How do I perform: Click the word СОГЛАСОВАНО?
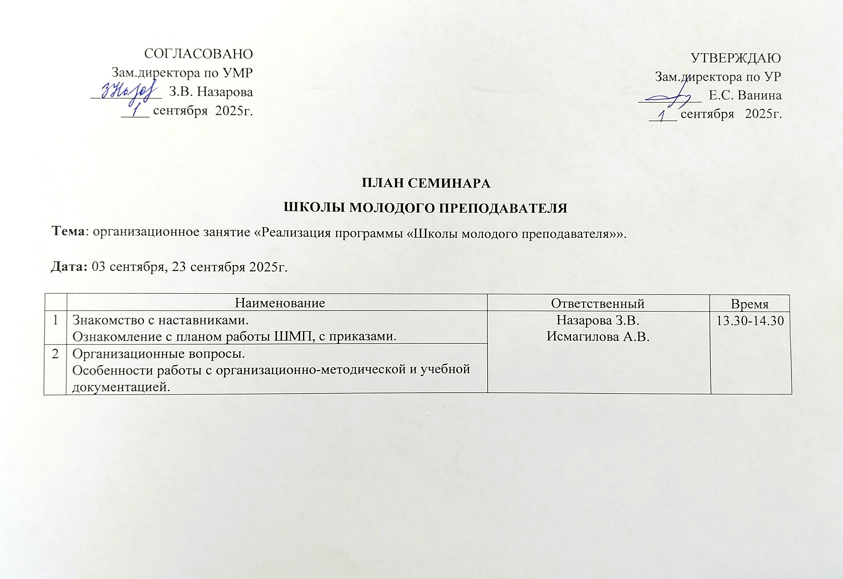point(198,54)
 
